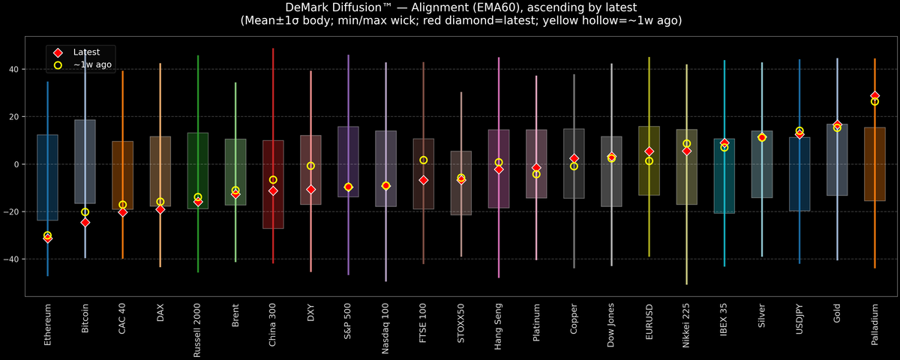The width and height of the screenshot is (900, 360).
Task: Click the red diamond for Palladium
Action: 874,96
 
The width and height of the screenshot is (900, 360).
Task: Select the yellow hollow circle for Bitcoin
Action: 85,212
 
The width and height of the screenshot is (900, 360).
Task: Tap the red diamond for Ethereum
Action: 47,238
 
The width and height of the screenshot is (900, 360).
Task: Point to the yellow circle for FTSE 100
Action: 424,160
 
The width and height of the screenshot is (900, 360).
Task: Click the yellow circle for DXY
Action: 310,166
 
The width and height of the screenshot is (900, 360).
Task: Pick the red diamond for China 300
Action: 273,190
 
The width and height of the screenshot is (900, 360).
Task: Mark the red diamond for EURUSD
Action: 649,151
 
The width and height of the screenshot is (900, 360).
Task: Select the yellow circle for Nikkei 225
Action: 686,143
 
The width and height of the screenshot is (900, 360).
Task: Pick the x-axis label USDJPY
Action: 799,323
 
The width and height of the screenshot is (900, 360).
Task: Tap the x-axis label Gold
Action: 837,316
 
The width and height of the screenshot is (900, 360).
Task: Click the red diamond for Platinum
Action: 536,168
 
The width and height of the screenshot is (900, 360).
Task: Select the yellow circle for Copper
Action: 574,166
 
